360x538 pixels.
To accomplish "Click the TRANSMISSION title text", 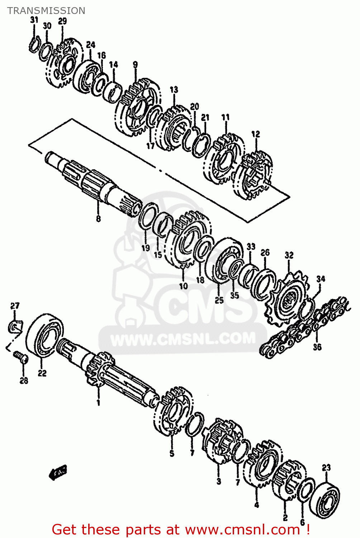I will coord(46,11).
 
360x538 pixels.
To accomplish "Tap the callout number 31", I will coord(34,20).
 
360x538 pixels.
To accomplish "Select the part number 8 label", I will coord(98,218).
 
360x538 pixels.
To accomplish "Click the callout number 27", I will coord(15,306).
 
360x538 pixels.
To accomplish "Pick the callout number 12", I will coord(256,134).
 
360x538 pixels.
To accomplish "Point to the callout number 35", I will coord(234,295).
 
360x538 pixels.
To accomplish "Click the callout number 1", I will coord(98,403).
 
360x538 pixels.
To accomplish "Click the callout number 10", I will coord(183,286).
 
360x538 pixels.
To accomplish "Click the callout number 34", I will coord(321,279).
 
